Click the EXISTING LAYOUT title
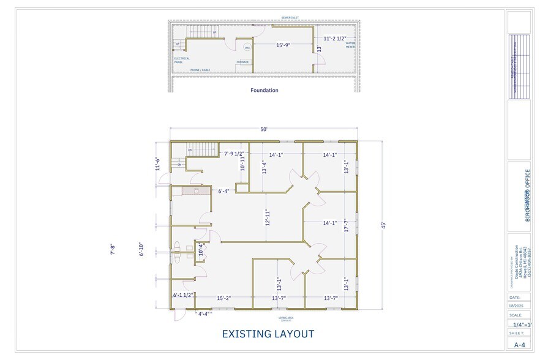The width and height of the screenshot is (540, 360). pyautogui.click(x=268, y=334)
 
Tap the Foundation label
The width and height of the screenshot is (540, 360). pyautogui.click(x=264, y=91)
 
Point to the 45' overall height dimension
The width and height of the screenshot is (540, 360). pyautogui.click(x=383, y=225)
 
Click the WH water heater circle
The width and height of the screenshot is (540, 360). pyautogui.click(x=247, y=48)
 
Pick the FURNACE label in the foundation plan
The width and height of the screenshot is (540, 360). pyautogui.click(x=242, y=62)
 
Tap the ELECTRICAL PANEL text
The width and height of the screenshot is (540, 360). pyautogui.click(x=182, y=60)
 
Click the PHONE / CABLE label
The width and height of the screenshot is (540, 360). pyautogui.click(x=200, y=70)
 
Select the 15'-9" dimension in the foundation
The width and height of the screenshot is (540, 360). pyautogui.click(x=283, y=45)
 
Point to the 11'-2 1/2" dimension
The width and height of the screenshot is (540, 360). pyautogui.click(x=335, y=38)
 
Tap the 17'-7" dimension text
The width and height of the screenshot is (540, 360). pyautogui.click(x=346, y=226)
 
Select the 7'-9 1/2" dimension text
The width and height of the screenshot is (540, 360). pyautogui.click(x=234, y=154)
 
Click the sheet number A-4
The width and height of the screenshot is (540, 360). pyautogui.click(x=519, y=345)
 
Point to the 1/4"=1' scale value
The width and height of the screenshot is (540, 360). pyautogui.click(x=522, y=325)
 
